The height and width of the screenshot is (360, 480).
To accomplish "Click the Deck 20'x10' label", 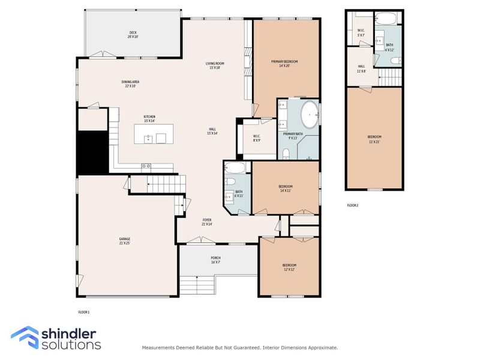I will click(x=133, y=35).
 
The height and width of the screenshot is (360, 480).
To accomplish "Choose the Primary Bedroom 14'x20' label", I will click(x=284, y=64).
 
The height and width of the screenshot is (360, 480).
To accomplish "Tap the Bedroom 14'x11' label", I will click(x=286, y=188).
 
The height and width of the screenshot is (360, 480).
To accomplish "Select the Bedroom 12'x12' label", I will click(x=290, y=267).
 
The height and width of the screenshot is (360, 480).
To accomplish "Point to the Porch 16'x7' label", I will click(x=215, y=259).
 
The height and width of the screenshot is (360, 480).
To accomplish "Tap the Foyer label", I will click(x=206, y=222).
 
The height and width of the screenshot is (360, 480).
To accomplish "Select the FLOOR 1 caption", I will click(x=83, y=312).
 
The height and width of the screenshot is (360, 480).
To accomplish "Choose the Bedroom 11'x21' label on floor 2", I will click(x=374, y=139).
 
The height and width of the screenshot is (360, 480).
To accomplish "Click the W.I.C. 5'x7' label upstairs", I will click(x=361, y=32).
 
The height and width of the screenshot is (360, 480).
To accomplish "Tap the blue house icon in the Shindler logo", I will click(x=25, y=337).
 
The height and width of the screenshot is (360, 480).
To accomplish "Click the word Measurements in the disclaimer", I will click(x=158, y=347).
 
